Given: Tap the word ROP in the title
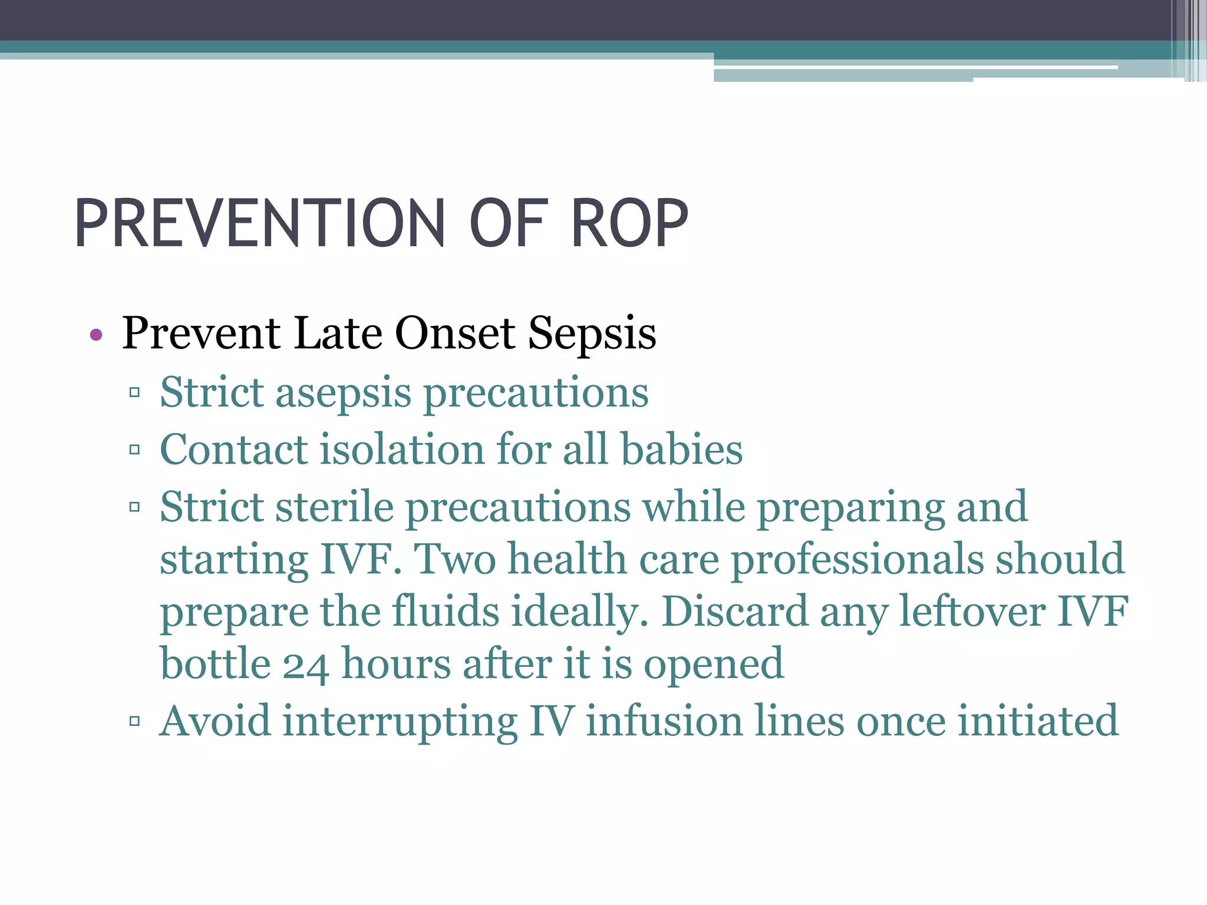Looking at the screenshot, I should [x=629, y=224].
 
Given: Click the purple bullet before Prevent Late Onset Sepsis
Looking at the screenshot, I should [x=96, y=336].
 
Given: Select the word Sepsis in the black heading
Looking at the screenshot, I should [x=592, y=334].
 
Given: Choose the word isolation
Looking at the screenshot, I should [x=402, y=450].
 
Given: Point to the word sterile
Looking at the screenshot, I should [x=334, y=507].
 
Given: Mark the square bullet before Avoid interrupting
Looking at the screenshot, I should [x=134, y=721].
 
